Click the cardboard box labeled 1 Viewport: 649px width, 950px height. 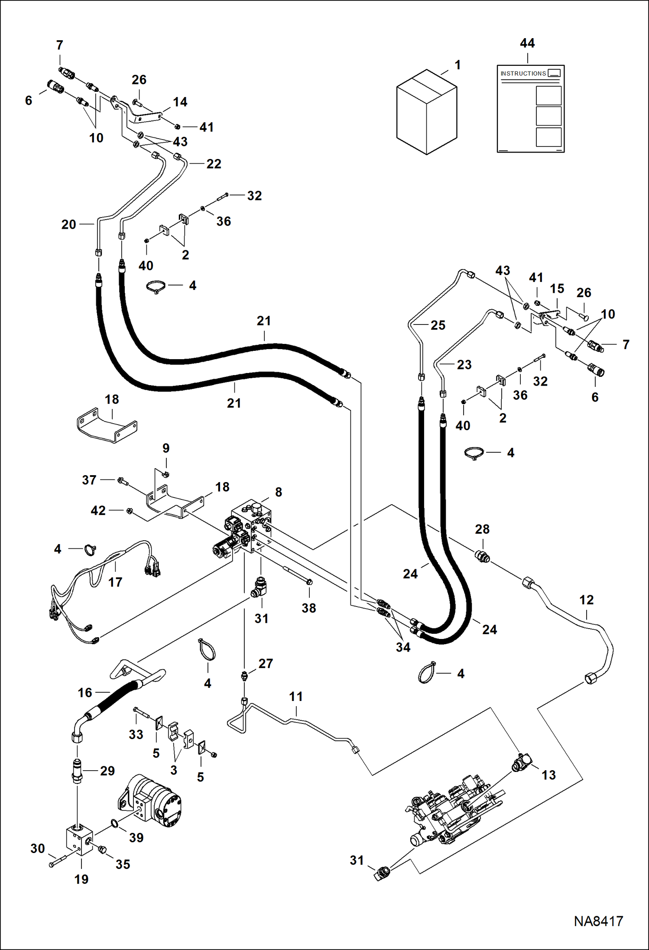(426, 112)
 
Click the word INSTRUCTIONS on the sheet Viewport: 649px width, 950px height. (523, 74)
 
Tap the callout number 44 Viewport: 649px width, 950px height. (527, 43)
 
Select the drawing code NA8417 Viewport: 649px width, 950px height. (598, 921)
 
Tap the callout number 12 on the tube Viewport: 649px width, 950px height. (586, 600)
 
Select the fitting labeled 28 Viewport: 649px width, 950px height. (483, 556)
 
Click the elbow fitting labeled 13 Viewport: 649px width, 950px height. (522, 763)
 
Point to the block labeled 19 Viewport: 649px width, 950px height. (79, 840)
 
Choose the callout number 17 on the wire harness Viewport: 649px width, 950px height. (115, 582)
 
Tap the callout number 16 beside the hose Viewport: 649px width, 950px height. (85, 693)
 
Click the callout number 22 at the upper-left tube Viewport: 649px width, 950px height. (214, 164)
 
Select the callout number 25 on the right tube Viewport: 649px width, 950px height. (438, 325)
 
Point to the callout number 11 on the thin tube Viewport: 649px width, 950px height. (296, 697)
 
